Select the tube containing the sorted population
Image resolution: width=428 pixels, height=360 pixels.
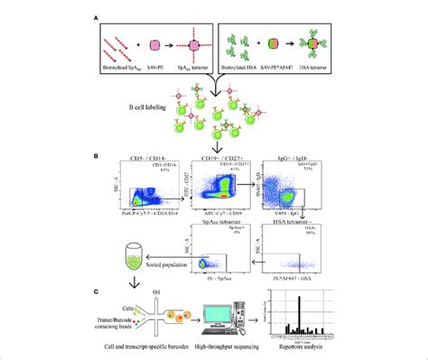pos(135,258)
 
